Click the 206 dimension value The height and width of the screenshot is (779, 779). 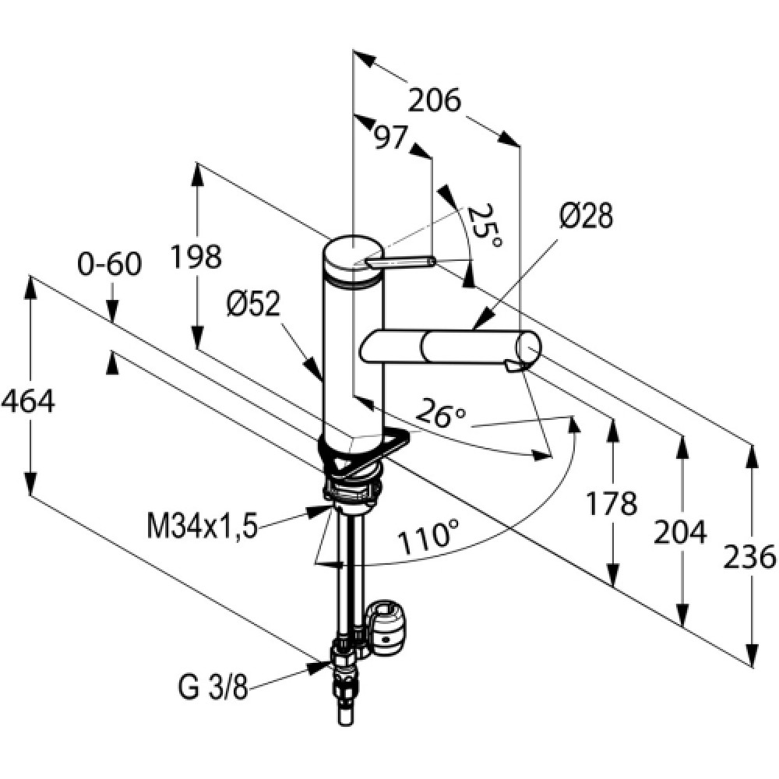click(x=435, y=101)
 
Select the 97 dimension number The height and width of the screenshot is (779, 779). click(x=390, y=138)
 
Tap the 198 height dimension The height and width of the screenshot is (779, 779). click(x=196, y=257)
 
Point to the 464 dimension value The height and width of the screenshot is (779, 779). click(x=27, y=401)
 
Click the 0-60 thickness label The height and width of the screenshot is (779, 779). click(x=110, y=264)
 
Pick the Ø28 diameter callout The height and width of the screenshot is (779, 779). click(x=586, y=216)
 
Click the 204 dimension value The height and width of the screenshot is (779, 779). click(x=679, y=532)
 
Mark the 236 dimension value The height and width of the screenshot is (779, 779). click(x=749, y=557)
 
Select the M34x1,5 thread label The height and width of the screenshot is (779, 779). click(x=203, y=526)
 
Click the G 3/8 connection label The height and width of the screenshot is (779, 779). click(x=213, y=689)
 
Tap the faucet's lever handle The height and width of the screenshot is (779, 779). click(x=400, y=262)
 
